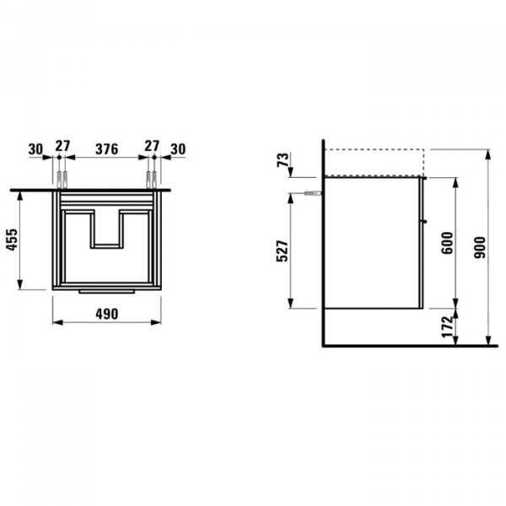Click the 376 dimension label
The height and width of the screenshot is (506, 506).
(106, 149)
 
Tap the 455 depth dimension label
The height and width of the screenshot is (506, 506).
(13, 240)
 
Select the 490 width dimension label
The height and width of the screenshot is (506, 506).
(107, 314)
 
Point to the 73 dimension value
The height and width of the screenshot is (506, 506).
(283, 159)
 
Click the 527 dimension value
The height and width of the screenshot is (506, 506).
(282, 250)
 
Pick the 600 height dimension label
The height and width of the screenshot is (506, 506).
(447, 243)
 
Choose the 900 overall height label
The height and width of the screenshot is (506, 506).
(480, 247)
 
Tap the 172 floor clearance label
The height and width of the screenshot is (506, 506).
(448, 326)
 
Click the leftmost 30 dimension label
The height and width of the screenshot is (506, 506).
(35, 149)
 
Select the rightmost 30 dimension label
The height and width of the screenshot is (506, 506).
(178, 149)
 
